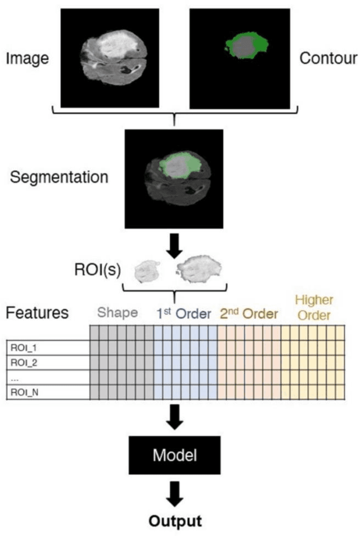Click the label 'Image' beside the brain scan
[27, 57]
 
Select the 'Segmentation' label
[58, 177]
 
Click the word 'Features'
[37, 312]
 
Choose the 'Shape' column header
[118, 313]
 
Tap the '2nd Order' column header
[249, 313]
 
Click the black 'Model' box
[174, 454]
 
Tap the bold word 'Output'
[174, 521]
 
